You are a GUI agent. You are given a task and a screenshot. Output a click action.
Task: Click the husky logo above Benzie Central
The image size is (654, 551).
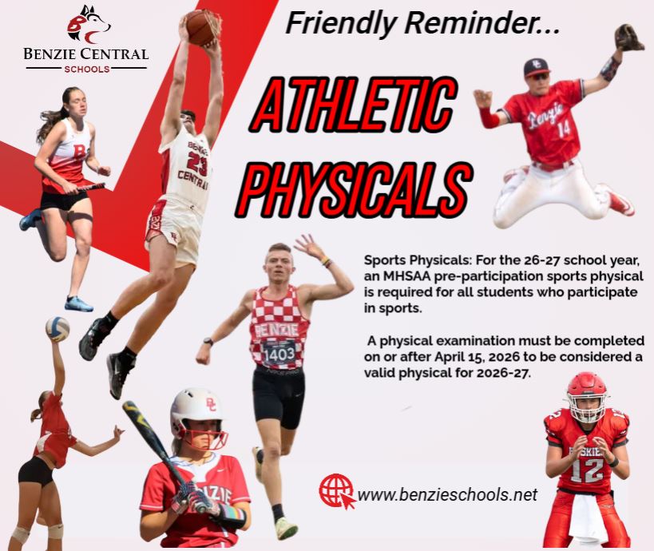(89, 25)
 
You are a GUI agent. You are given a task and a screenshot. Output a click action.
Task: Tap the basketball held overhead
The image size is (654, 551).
(203, 27)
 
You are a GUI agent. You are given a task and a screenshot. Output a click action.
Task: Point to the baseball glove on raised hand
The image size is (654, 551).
(629, 38)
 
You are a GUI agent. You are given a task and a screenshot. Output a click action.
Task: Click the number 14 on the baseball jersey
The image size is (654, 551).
(563, 129)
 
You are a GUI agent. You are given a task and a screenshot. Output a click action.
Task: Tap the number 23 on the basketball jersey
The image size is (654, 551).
(197, 162)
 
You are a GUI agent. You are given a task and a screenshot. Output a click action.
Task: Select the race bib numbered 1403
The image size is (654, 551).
(279, 352)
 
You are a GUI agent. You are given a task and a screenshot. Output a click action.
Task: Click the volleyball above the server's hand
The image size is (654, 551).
(57, 329)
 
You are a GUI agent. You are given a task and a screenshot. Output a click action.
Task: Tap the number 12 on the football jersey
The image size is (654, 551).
(587, 470)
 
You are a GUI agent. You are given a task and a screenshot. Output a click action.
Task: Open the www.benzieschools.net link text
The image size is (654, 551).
(447, 494)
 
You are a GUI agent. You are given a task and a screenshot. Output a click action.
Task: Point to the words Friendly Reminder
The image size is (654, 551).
(422, 23)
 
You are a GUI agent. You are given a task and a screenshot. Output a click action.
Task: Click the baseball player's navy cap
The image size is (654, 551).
(537, 69)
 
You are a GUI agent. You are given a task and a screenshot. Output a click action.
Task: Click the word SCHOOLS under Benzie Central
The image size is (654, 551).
(87, 69)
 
